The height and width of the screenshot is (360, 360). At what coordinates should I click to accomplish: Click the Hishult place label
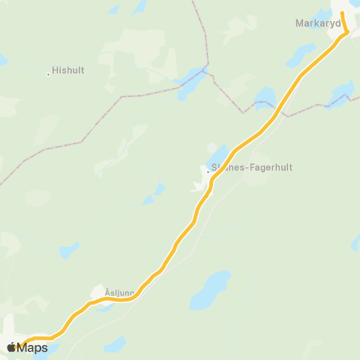pos(68,70)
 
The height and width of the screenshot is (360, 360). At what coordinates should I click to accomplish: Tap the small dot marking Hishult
pos(49,73)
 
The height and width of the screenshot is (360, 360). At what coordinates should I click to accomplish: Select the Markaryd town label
pos(318,23)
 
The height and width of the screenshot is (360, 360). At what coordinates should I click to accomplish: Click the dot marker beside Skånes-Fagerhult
pos(208,172)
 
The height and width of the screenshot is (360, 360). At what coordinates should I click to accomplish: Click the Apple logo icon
pos(13,347)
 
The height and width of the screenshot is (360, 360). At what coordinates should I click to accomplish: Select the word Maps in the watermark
pos(33,347)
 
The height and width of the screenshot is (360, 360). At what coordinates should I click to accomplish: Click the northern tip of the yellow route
pos(343,13)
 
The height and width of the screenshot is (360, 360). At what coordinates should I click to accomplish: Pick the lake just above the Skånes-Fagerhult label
pos(217,156)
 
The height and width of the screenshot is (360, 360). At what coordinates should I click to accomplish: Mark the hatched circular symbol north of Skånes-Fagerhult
pos(214,147)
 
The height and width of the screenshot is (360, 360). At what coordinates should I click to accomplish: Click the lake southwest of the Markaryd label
pos(301,55)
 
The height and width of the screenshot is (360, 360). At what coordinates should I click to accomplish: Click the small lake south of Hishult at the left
pos(68,250)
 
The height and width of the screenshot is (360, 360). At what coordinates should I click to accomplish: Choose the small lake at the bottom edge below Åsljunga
pos(115,344)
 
